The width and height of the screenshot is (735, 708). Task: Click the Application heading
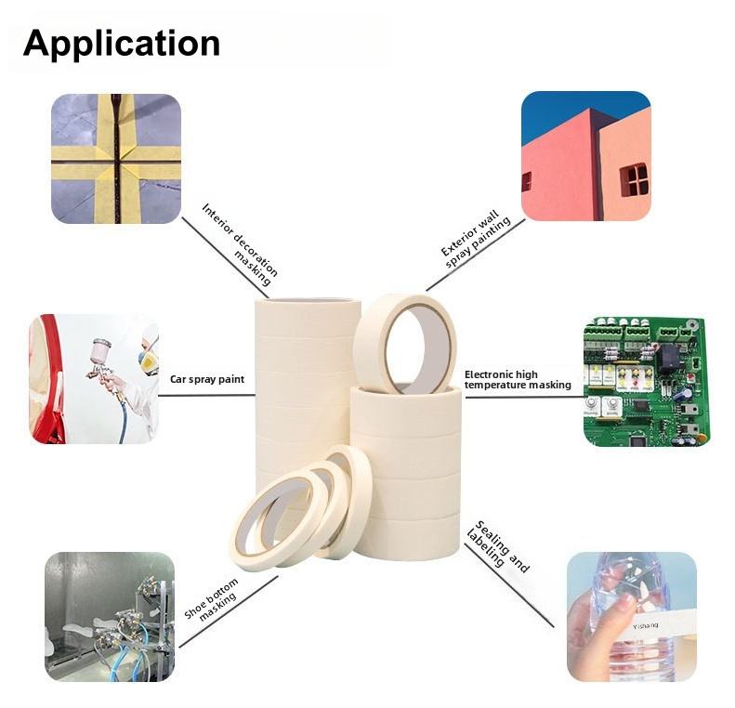pos(121,44)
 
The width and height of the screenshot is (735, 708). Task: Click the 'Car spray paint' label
pos(206,379)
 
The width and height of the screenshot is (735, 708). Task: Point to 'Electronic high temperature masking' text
pos(517,379)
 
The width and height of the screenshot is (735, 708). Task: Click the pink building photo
pos(585,156)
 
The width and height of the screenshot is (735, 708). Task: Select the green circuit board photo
pos(646,381)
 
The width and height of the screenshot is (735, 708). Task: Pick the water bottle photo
pos(631,617)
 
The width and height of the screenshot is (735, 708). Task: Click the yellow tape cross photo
pos(115,158)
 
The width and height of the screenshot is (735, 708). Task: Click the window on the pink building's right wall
pos(635,178)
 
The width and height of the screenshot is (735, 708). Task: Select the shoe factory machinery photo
pos(109,617)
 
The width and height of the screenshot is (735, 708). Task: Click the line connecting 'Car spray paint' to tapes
pos(206,395)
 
